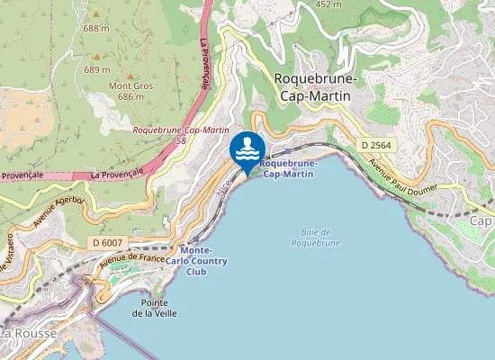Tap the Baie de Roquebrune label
coord(315,238)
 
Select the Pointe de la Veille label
coord(155,308)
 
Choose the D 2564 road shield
coord(377,145)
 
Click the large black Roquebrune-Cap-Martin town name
coord(315,87)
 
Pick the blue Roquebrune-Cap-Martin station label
coord(287,168)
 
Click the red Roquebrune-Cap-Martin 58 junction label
coord(180,135)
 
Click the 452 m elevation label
coord(329,4)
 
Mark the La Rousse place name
coord(27,333)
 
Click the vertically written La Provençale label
coord(203,67)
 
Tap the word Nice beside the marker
coord(224,182)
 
